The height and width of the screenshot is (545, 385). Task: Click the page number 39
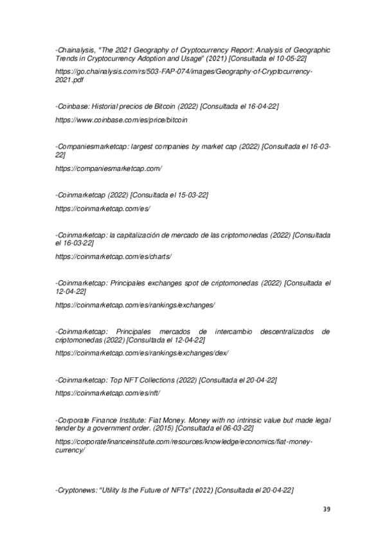327,510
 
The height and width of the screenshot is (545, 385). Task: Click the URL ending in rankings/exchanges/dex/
142,353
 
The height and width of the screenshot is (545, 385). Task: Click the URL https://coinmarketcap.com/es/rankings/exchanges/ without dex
135,304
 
